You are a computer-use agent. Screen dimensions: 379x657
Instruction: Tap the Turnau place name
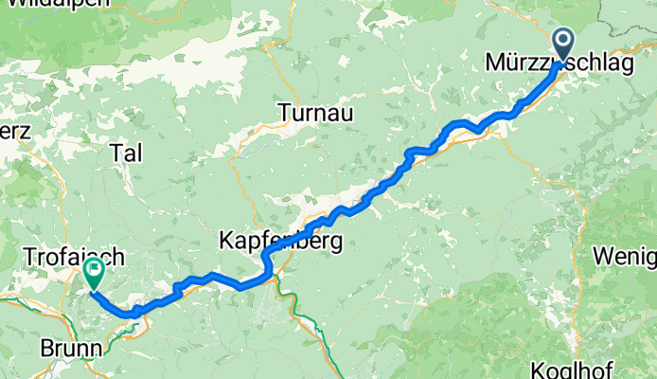pyautogui.click(x=315, y=114)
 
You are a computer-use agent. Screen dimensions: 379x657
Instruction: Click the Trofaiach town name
pyautogui.click(x=71, y=257)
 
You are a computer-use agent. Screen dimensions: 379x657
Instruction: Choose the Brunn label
pyautogui.click(x=71, y=349)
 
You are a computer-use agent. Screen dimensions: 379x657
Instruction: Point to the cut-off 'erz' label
pyautogui.click(x=16, y=130)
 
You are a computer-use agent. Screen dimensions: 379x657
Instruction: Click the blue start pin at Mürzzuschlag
pyautogui.click(x=563, y=44)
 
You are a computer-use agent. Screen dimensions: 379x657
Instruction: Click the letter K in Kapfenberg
pyautogui.click(x=227, y=241)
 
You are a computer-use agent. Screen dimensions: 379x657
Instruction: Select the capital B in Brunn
pyautogui.click(x=46, y=349)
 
